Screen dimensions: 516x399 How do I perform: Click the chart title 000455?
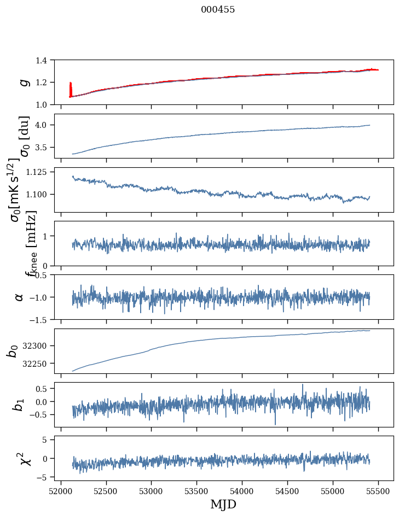(x=218, y=9)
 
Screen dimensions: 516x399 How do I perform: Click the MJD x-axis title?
(x=223, y=504)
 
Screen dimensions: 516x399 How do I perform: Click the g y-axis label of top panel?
(x=24, y=82)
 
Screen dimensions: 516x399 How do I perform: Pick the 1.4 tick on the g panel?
(x=47, y=60)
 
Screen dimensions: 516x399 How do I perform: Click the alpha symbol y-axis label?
(x=19, y=297)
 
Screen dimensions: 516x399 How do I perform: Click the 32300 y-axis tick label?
(x=38, y=346)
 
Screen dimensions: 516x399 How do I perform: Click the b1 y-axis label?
(x=19, y=404)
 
